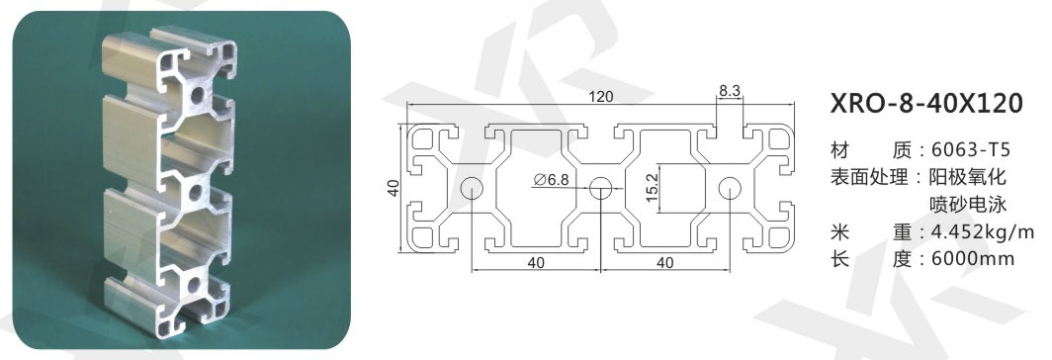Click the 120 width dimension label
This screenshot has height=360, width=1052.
(601, 97)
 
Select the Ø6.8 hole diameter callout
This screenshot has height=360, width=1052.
(552, 179)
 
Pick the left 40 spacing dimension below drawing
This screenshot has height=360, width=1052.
(536, 263)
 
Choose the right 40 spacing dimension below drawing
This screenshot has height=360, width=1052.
(664, 263)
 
